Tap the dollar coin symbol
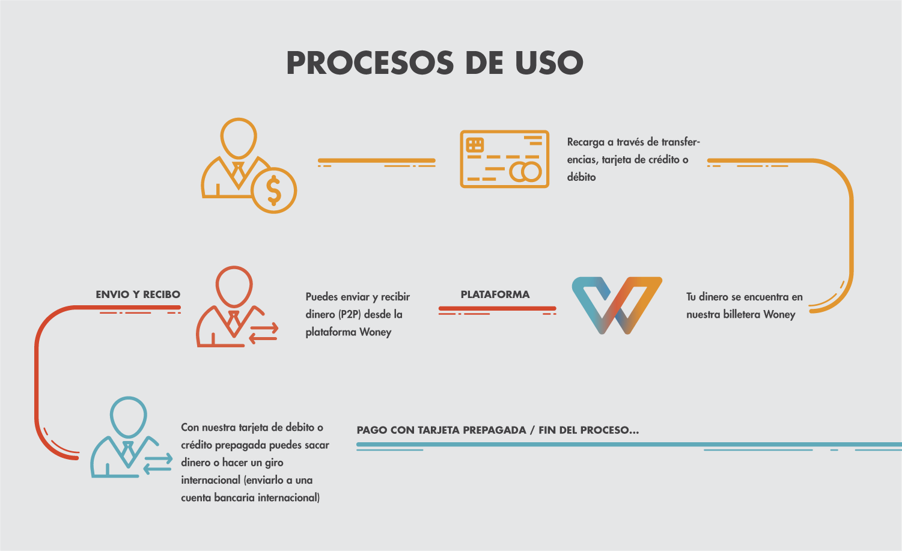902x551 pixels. pos(274,190)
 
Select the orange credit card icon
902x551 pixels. pos(504,159)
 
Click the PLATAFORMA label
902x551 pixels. pos(495,294)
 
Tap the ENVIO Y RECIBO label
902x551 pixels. pos(138,294)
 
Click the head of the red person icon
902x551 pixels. pos(234,285)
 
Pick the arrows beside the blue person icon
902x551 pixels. pos(158,464)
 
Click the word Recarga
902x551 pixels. pos(585,142)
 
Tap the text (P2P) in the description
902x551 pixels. pos(350,314)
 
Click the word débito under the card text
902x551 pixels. pos(581,177)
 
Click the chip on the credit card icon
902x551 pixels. pos(475,145)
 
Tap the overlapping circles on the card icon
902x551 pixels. pos(526,172)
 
